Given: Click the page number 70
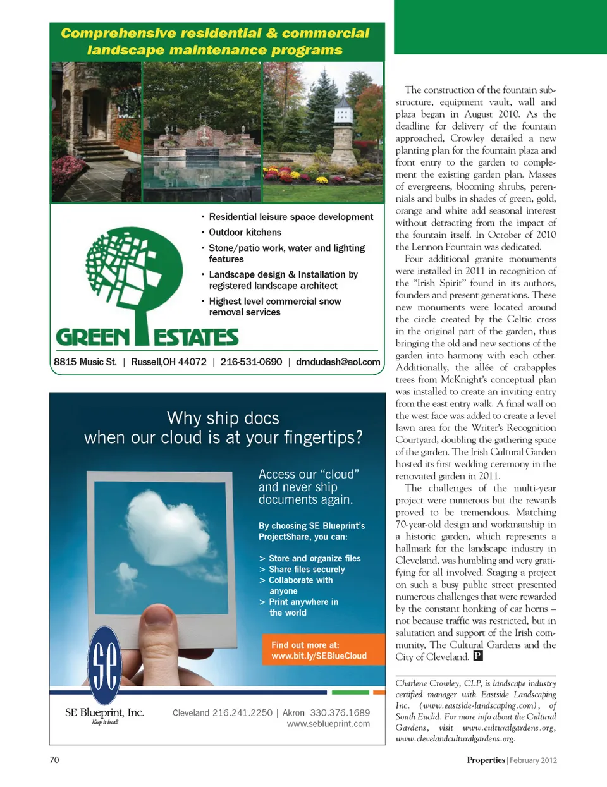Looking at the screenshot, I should [54, 760].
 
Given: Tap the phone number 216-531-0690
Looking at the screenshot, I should [251, 362].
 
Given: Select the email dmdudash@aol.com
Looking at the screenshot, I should [338, 362].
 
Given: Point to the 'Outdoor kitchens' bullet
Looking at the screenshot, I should [245, 233].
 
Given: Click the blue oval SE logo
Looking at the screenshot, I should [104, 664].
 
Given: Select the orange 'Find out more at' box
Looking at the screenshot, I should [323, 650].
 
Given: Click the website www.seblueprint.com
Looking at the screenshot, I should [328, 724].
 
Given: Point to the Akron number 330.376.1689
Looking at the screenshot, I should [340, 712].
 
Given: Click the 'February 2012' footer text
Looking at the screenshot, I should [533, 760].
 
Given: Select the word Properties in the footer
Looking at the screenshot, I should [486, 760].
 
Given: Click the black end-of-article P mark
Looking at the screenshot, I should [478, 656].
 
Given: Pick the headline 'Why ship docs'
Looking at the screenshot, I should [223, 418].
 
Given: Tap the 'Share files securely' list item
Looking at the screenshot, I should [307, 570].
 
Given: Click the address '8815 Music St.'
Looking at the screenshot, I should [85, 362].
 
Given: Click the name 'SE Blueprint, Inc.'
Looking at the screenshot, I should [104, 712].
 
